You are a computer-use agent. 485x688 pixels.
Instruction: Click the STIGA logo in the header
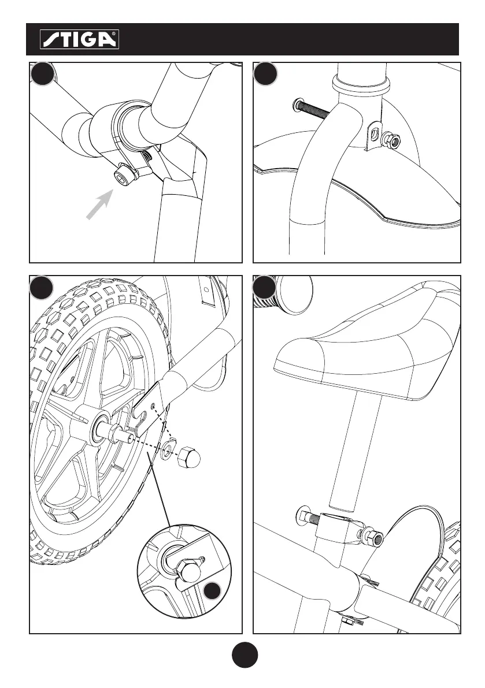pyautogui.click(x=79, y=39)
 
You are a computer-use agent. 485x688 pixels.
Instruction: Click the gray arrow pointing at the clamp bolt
pyautogui.click(x=99, y=205)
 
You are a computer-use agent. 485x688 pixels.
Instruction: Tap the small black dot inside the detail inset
pyautogui.click(x=213, y=591)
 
